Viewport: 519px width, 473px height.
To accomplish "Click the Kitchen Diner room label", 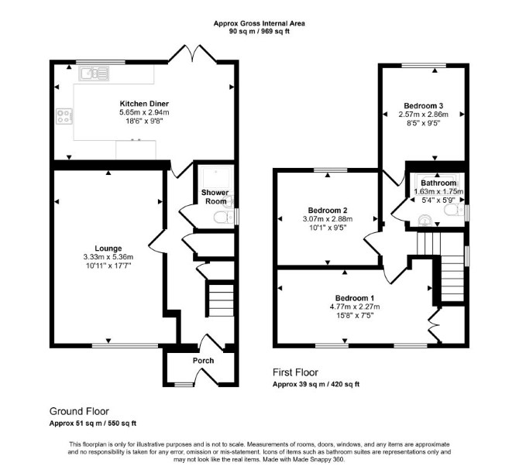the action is pyautogui.click(x=144, y=104).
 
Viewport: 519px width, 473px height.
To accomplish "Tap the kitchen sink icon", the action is pyautogui.click(x=94, y=74).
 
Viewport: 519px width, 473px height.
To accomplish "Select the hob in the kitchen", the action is pyautogui.click(x=64, y=116).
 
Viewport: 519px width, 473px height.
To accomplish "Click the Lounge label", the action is pyautogui.click(x=108, y=248).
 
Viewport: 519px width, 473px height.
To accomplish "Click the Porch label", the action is pyautogui.click(x=203, y=361).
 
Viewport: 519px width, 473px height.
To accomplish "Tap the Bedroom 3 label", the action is pyautogui.click(x=424, y=106).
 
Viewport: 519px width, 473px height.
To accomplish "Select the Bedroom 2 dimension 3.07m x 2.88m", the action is pyautogui.click(x=328, y=218).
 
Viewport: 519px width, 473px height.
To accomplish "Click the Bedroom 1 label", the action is pyautogui.click(x=355, y=298).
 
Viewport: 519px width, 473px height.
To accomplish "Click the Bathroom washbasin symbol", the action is pyautogui.click(x=424, y=221).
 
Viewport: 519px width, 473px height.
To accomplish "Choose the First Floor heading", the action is pyautogui.click(x=295, y=372).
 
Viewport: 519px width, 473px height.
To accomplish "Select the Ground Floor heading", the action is pyautogui.click(x=79, y=411).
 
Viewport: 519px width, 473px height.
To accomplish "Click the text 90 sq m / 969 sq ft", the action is pyautogui.click(x=259, y=32).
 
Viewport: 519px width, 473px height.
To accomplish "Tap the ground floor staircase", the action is pyautogui.click(x=221, y=300).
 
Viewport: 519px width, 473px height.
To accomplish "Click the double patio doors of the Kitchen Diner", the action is pyautogui.click(x=193, y=53).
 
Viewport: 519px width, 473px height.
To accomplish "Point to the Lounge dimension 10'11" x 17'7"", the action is pyautogui.click(x=108, y=266).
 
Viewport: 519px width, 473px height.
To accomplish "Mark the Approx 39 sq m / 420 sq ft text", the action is pyautogui.click(x=316, y=384).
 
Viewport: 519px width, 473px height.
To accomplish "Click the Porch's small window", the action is pyautogui.click(x=184, y=385).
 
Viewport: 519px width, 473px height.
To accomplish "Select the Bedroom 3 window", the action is pyautogui.click(x=424, y=65).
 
